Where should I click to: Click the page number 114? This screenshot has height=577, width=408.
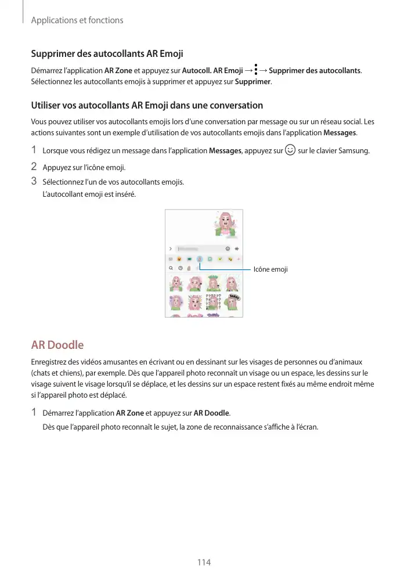click(x=204, y=562)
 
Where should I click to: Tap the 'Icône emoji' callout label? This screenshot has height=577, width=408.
click(x=270, y=270)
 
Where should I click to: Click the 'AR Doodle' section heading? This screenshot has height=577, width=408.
click(x=57, y=345)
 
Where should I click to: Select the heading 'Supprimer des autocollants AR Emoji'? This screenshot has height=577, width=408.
click(x=107, y=54)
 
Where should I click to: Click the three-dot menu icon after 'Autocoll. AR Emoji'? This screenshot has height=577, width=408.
click(x=255, y=70)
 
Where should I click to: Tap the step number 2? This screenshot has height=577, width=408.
click(x=34, y=168)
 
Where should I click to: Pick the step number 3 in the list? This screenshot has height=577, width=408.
click(x=34, y=182)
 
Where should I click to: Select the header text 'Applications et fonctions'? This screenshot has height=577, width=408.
click(x=77, y=20)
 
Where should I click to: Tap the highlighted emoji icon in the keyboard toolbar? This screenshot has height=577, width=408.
click(x=199, y=259)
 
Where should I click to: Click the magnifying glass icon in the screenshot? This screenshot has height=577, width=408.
click(x=171, y=268)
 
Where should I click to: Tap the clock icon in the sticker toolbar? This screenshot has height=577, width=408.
click(x=180, y=268)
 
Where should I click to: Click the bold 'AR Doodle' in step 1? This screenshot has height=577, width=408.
click(x=212, y=413)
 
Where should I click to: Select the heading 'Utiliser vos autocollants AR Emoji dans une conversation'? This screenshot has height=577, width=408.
click(x=147, y=106)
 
